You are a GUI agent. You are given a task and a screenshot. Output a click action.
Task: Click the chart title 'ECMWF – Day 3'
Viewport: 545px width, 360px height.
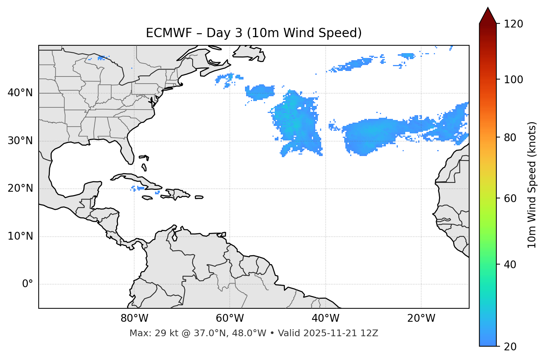(x=254, y=33)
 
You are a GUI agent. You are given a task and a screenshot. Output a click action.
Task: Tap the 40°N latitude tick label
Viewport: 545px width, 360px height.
(x=20, y=93)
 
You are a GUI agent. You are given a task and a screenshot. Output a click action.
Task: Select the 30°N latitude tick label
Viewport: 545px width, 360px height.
(x=20, y=141)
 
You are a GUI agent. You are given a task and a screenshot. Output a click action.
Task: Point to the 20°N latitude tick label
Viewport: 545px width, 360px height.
(x=20, y=188)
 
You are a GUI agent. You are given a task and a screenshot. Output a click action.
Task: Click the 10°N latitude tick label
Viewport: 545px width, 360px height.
(x=20, y=236)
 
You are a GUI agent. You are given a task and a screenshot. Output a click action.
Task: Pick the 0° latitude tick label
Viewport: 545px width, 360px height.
(x=28, y=284)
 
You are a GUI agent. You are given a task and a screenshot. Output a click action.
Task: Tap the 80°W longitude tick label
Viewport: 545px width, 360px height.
(x=134, y=318)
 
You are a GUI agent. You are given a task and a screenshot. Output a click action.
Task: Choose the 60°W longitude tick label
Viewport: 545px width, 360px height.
(x=230, y=318)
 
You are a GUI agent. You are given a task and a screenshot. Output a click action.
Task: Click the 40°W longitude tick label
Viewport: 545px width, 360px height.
(x=325, y=318)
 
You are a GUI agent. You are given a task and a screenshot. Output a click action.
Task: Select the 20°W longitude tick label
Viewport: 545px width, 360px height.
(x=421, y=318)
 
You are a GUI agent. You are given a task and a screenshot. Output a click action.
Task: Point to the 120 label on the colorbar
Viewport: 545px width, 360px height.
(x=513, y=24)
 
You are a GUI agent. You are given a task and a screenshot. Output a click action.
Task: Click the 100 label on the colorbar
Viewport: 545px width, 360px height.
(x=513, y=80)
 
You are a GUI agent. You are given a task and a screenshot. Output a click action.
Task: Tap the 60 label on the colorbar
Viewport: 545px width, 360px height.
(x=510, y=198)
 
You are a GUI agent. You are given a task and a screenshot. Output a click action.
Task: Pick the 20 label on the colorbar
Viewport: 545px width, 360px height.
(x=510, y=347)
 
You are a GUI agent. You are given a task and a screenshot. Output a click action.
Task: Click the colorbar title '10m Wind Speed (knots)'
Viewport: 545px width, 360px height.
(x=532, y=185)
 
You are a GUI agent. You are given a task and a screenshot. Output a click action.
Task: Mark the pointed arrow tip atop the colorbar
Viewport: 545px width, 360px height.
(x=488, y=8)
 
